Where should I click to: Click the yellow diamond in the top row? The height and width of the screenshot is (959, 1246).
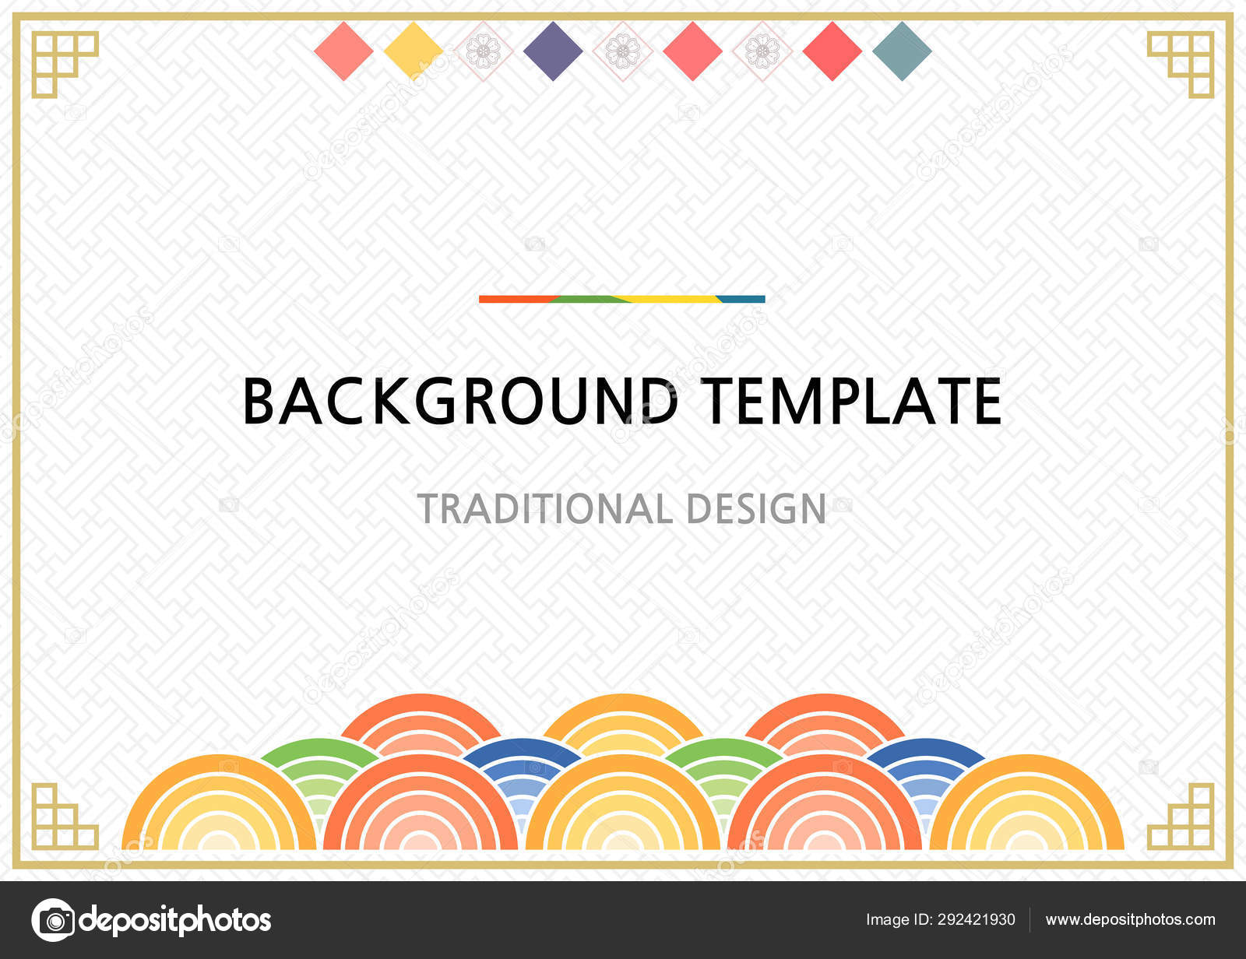coord(413,51)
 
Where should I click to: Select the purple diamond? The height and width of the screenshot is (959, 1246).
coord(553,51)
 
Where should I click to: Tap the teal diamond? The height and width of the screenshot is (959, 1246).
coord(902,51)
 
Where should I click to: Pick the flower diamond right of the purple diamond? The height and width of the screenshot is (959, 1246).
coord(622,51)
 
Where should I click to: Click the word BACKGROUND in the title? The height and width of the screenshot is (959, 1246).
coord(460,401)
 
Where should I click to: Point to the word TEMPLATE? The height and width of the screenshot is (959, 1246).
coord(850,401)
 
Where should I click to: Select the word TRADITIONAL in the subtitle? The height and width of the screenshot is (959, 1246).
coord(544,509)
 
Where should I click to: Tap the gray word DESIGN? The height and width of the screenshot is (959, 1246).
coord(756,509)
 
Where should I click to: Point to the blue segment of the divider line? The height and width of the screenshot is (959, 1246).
coord(741,299)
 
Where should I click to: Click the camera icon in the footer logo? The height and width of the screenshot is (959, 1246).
coord(54,920)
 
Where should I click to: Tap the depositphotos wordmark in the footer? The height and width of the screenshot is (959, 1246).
coord(176,920)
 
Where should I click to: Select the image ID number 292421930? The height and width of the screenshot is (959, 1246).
coord(976,920)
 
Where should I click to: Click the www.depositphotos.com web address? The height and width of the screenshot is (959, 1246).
coord(1130,920)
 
